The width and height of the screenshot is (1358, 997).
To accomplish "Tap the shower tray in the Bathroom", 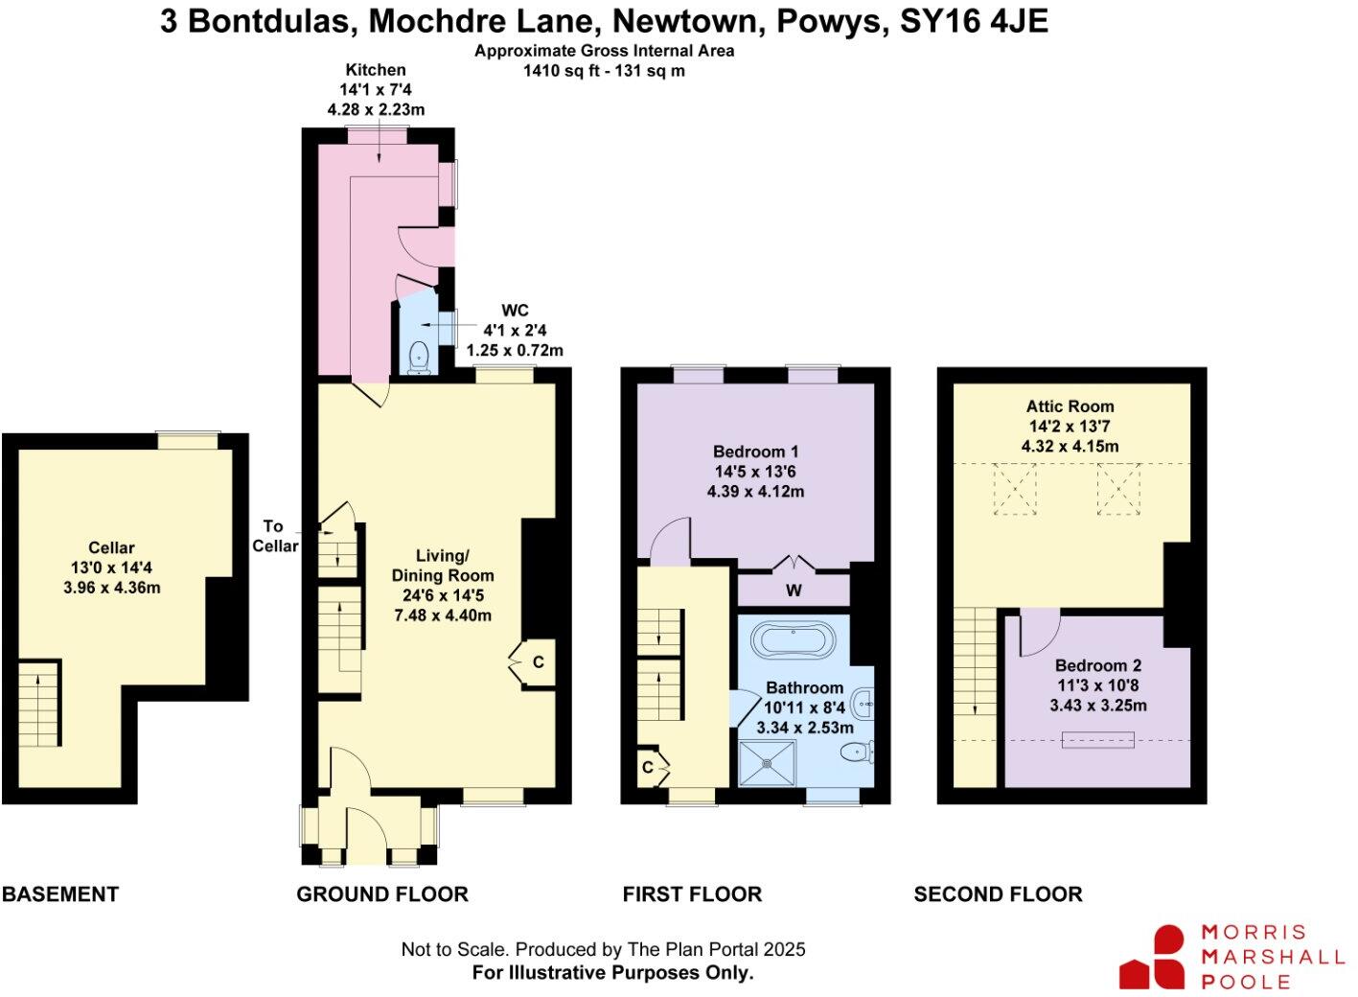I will pos(768,763).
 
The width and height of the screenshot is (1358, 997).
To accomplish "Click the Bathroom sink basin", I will pos(862,705).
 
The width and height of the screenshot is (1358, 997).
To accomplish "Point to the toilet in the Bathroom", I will pos(856,752).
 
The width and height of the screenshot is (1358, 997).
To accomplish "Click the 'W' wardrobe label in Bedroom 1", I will pos(794,591).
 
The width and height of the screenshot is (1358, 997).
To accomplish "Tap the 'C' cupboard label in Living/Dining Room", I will pos(539,662).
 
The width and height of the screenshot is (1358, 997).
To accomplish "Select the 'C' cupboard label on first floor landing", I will pos(648,767).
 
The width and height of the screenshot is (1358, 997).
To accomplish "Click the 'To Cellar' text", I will pos(275,536).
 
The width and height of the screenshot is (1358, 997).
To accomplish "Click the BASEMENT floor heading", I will pos(60,894).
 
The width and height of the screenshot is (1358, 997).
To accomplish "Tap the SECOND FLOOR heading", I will pos(998,894).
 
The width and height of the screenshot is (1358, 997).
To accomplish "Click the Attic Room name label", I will pos(1070,406).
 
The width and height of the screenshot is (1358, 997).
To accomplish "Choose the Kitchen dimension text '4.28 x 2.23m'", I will pos(376,109).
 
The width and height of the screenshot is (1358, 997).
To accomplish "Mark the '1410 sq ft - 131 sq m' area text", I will pos(604,71).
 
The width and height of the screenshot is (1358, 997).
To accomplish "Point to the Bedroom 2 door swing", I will pos(1037,633).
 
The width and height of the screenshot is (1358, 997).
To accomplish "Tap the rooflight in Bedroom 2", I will pos(1098,740).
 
